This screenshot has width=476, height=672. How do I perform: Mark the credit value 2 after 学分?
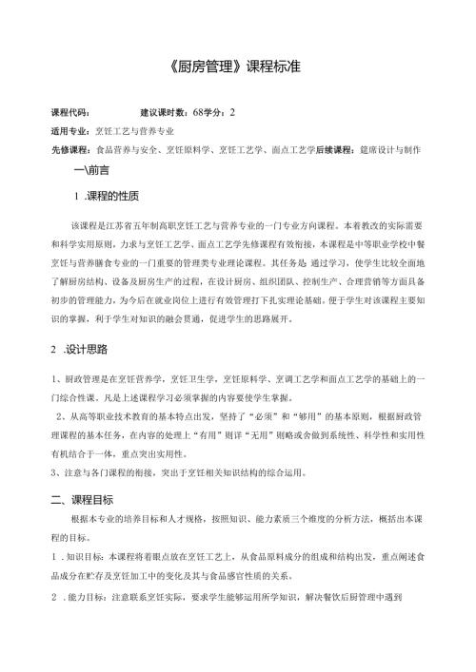(x=231, y=113)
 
